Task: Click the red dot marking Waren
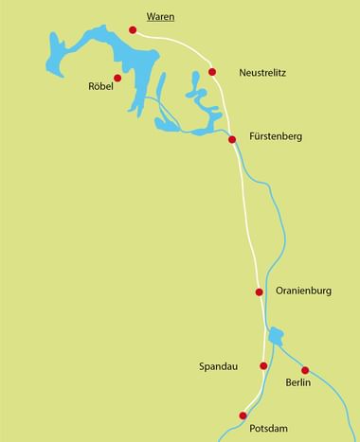(133, 29)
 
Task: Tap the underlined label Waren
(160, 16)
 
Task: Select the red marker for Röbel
(117, 78)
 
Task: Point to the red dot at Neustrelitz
(212, 71)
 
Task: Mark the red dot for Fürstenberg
(232, 140)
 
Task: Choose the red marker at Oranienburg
(259, 292)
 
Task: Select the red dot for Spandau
(263, 365)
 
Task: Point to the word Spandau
(218, 365)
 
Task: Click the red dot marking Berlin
(305, 370)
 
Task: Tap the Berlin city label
(298, 385)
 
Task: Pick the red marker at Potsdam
(243, 415)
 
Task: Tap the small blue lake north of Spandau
(276, 336)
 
